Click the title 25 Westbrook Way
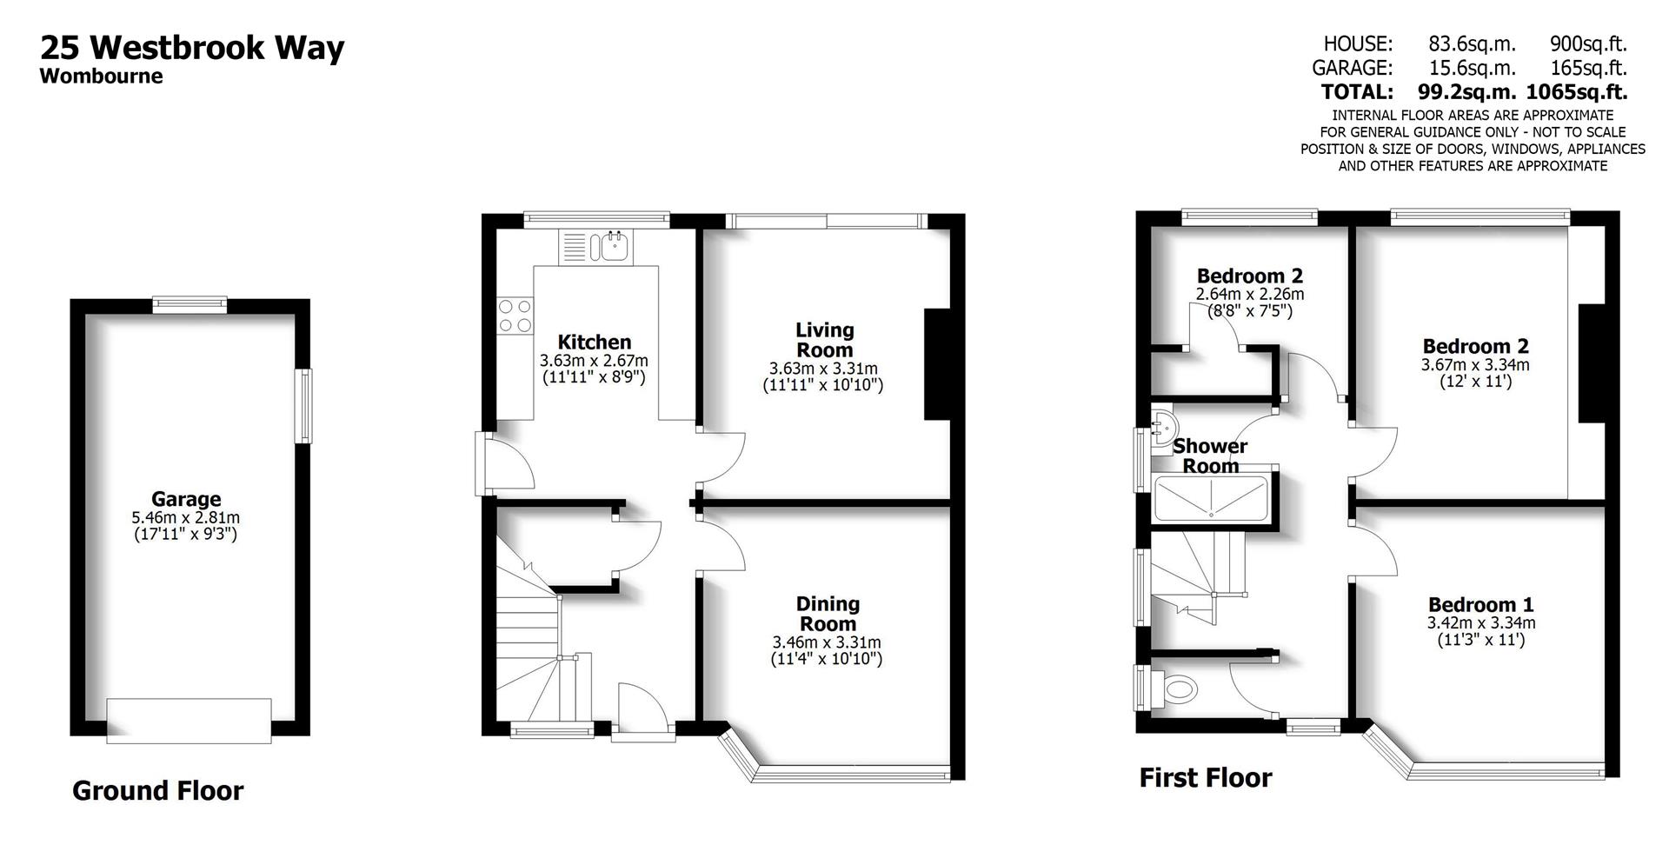pyautogui.click(x=192, y=47)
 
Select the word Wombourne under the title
pyautogui.click(x=101, y=76)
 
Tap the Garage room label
pyautogui.click(x=186, y=499)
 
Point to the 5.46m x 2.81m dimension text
pyautogui.click(x=186, y=517)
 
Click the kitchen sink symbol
pyautogui.click(x=611, y=246)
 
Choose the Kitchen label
pyautogui.click(x=595, y=342)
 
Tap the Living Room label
pyautogui.click(x=824, y=340)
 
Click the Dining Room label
pyautogui.click(x=828, y=614)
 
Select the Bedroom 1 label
pyautogui.click(x=1480, y=604)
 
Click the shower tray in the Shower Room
pyautogui.click(x=1211, y=499)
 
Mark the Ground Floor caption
pyautogui.click(x=157, y=790)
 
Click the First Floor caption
pyautogui.click(x=1205, y=777)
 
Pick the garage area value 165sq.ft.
pyautogui.click(x=1588, y=68)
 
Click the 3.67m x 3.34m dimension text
pyautogui.click(x=1475, y=365)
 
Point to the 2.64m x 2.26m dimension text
pyautogui.click(x=1249, y=295)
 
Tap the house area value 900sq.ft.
pyautogui.click(x=1588, y=43)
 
